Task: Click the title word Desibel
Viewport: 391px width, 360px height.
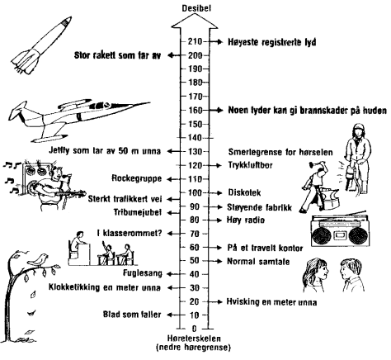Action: pos(196,8)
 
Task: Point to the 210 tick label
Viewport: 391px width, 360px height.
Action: pos(195,41)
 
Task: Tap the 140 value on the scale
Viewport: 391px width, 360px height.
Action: pos(195,138)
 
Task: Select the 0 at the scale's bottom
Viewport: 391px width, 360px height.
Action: pos(195,329)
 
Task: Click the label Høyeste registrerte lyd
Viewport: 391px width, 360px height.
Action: pos(272,42)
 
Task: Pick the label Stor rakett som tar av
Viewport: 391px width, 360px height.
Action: pos(117,55)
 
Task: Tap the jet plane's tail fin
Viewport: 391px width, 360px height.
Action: pos(19,109)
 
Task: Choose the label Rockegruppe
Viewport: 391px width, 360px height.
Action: pos(137,178)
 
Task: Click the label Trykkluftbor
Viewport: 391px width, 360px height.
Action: pos(250,165)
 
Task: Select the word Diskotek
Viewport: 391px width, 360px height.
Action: pos(244,192)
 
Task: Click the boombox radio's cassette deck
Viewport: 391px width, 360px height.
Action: pos(339,235)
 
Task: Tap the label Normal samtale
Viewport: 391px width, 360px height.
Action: pos(258,261)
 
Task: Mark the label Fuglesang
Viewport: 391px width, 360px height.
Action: pos(143,273)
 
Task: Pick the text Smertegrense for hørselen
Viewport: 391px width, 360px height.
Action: pos(280,152)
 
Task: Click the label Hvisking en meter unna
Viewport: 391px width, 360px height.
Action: pos(271,302)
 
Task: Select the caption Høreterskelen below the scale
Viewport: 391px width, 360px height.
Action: pos(194,339)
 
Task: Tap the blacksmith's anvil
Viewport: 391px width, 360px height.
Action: pos(332,199)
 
